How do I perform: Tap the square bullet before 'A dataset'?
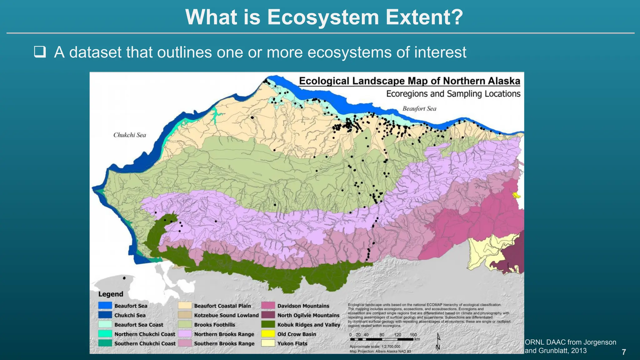(x=40, y=52)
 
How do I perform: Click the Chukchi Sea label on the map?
(x=129, y=135)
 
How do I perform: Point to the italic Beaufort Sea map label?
(x=419, y=109)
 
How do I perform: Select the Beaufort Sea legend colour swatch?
(x=105, y=306)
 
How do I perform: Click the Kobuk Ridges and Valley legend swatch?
(x=268, y=324)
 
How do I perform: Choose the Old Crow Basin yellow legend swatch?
(x=268, y=334)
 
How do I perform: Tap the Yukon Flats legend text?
(x=292, y=343)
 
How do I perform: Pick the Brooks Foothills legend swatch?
(x=185, y=324)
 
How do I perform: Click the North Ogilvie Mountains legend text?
(x=308, y=315)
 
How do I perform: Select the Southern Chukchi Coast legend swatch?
(x=105, y=343)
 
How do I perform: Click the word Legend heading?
(x=111, y=294)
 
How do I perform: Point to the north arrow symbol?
(x=438, y=341)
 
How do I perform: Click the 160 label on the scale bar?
(x=413, y=335)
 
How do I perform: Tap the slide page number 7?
(x=624, y=352)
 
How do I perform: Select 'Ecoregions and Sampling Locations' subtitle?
(x=453, y=94)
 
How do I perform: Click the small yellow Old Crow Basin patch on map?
(x=517, y=196)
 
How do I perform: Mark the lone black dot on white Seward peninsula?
(x=124, y=278)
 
